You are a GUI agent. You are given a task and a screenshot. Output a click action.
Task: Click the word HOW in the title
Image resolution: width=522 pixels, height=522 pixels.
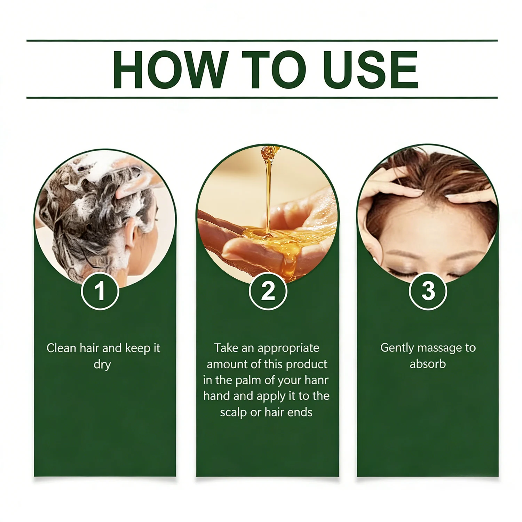click(x=171, y=69)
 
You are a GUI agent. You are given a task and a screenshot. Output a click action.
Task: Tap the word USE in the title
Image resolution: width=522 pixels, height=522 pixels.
click(x=371, y=69)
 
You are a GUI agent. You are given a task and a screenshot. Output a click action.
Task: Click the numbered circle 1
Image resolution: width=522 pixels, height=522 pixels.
click(x=100, y=291)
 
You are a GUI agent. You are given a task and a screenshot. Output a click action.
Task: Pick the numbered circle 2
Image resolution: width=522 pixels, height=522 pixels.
click(x=268, y=291)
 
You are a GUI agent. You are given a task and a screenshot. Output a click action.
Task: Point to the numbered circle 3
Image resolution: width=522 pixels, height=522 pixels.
click(x=428, y=291)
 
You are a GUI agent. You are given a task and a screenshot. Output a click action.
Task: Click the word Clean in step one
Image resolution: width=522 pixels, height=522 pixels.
click(x=61, y=348)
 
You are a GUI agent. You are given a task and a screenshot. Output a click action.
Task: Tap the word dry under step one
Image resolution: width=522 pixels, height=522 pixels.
click(x=102, y=365)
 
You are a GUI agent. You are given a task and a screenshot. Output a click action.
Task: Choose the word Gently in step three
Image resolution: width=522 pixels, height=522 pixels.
click(x=397, y=348)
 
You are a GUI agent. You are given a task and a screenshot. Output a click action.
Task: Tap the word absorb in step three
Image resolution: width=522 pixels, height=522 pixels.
click(x=428, y=364)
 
